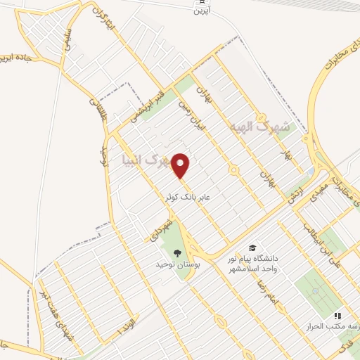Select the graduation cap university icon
coord(252,248)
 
